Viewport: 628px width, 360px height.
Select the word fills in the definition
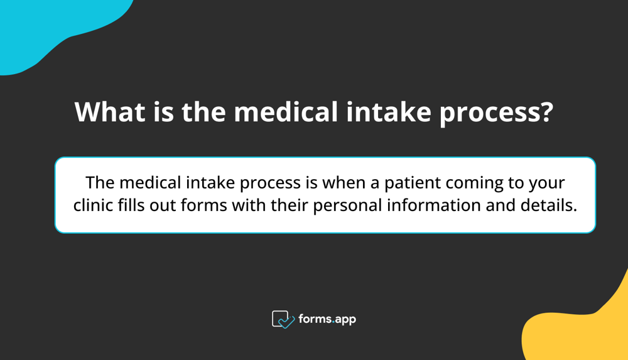pyautogui.click(x=133, y=205)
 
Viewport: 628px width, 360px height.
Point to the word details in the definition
pyautogui.click(x=551, y=205)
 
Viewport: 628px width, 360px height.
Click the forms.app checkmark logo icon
pyautogui.click(x=283, y=319)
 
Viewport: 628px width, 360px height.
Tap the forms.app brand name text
pyautogui.click(x=328, y=319)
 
